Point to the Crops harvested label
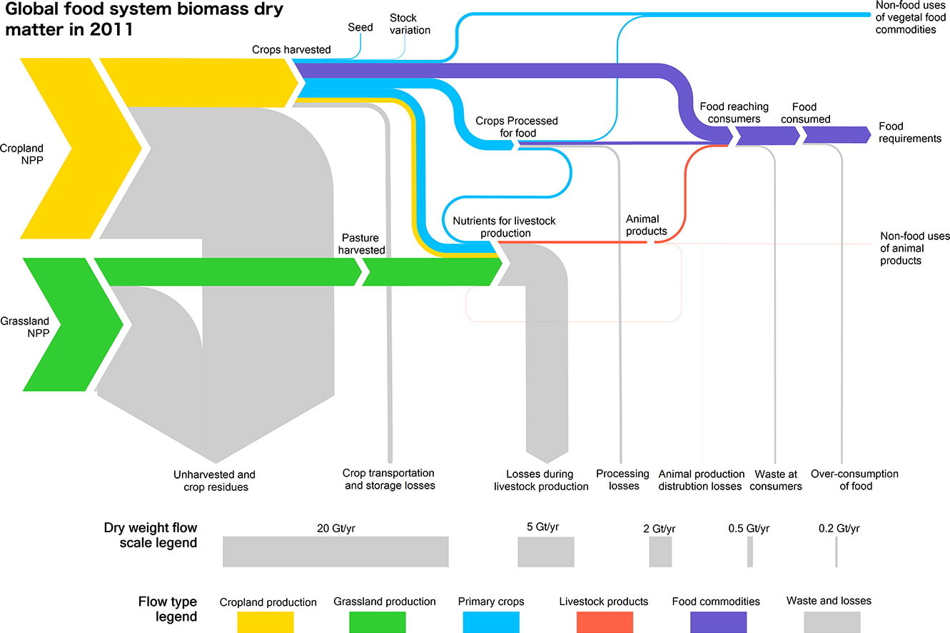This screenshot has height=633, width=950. [x=291, y=49]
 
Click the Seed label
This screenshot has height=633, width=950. [x=360, y=28]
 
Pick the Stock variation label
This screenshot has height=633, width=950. [x=410, y=24]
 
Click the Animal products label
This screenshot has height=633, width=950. [x=646, y=225]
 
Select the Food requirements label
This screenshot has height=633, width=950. [x=910, y=132]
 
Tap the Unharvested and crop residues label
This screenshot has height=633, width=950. [x=214, y=480]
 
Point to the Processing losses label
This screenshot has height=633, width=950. [x=623, y=479]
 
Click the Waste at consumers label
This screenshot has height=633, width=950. [x=776, y=479]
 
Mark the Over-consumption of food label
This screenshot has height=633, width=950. [x=854, y=479]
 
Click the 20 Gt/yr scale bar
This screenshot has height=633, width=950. [x=335, y=552]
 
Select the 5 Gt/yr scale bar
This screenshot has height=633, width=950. [x=546, y=552]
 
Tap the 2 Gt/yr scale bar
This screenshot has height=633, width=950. [x=660, y=552]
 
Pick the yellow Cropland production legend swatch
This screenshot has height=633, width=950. [x=266, y=622]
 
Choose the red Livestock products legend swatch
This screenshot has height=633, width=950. [x=603, y=622]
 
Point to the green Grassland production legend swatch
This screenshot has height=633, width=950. [x=378, y=622]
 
